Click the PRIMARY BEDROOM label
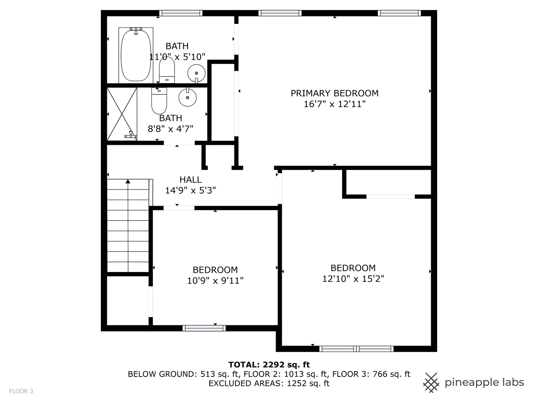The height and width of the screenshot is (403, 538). point(334,93)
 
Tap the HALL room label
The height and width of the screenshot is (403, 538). point(191,179)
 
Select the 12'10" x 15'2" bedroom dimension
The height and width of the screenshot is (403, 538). point(353,279)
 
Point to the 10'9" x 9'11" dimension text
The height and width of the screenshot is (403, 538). point(215,280)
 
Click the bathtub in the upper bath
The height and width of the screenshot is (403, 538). point(136,55)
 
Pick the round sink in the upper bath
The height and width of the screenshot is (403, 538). point(196,73)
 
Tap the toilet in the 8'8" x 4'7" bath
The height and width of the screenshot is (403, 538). point(159,101)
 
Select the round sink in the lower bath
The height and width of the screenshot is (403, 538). point(188,97)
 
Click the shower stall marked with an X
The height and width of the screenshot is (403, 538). point(122,114)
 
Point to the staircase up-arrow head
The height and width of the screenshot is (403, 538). point(128,181)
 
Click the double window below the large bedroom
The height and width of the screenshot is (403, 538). point(356,349)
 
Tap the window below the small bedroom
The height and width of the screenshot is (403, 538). point(204,328)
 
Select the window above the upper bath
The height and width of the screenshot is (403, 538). point(180,13)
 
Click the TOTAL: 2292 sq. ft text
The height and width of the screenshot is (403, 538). point(269,365)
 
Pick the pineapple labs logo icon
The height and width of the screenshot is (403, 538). point(432,383)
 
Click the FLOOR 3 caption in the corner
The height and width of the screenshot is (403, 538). point(21,391)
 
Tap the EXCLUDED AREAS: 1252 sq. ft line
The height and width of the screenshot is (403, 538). point(269,383)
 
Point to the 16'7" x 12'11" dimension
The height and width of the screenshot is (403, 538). point(334,104)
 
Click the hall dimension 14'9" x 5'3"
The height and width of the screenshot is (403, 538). point(191,190)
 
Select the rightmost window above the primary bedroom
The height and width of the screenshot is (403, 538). point(399,13)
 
